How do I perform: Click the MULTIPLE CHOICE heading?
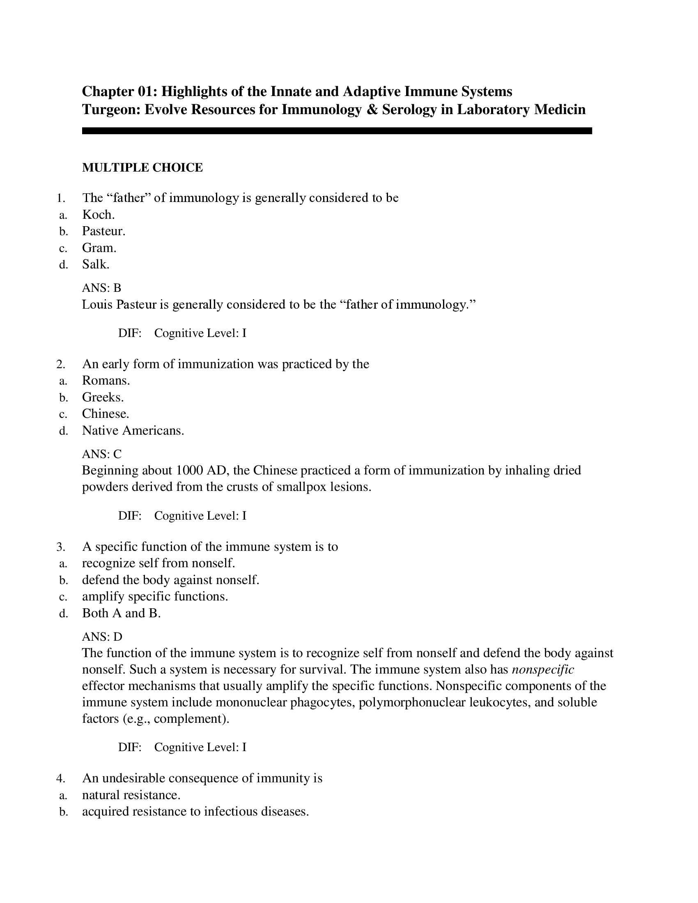[x=142, y=167]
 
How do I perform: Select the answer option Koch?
[x=98, y=215]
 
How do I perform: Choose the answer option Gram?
[x=99, y=248]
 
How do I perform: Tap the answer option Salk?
[x=96, y=264]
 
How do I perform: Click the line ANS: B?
[x=101, y=288]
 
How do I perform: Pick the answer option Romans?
[x=106, y=380]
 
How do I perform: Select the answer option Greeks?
[x=103, y=397]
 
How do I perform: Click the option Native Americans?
[x=133, y=431]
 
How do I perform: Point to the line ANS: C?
[x=102, y=454]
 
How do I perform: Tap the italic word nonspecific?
[x=542, y=669]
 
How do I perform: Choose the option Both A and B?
[x=121, y=613]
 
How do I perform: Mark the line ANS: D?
[x=102, y=636]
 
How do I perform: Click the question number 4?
[x=60, y=779]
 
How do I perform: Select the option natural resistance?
[x=131, y=795]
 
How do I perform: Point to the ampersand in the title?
[x=371, y=110]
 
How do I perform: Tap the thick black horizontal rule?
[x=337, y=131]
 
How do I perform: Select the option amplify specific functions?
[x=155, y=597]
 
